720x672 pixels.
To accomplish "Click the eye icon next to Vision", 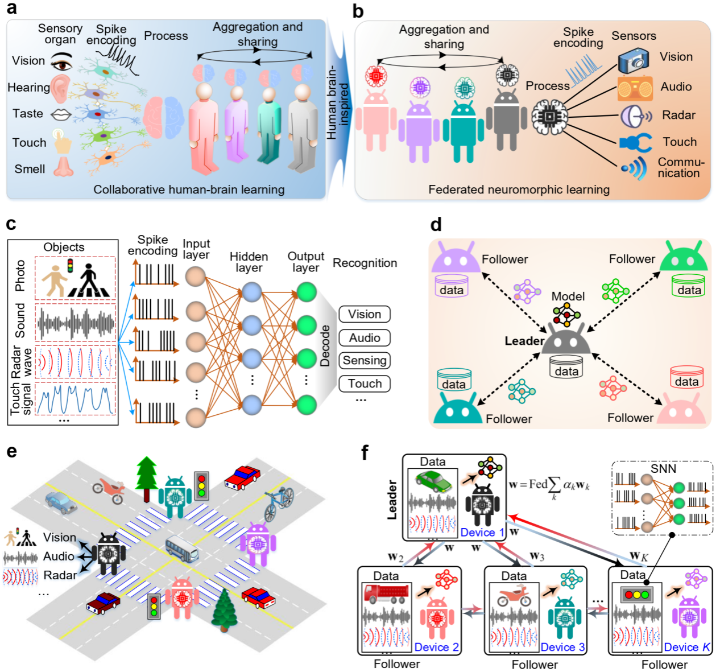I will point(61,62).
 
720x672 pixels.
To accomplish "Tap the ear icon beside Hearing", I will point(59,88).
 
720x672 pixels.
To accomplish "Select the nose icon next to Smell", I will point(63,166).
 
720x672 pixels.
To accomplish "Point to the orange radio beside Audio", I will point(635,88).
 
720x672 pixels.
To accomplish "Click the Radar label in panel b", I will point(678,116).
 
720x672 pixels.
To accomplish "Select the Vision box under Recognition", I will point(365,315).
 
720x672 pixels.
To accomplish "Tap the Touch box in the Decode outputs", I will point(365,384).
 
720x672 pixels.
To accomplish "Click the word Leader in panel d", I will point(524,341).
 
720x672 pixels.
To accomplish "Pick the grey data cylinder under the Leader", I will point(566,367).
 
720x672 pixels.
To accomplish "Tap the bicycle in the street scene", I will point(279,504).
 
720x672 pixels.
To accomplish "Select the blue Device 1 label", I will point(482,533).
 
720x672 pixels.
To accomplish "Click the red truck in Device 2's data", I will point(386,593).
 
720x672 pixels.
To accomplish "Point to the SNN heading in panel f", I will point(663,469).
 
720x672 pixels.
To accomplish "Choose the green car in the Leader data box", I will point(434,482).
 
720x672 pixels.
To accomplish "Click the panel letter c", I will point(11,224).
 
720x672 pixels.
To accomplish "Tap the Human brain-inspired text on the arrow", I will point(338,102).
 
